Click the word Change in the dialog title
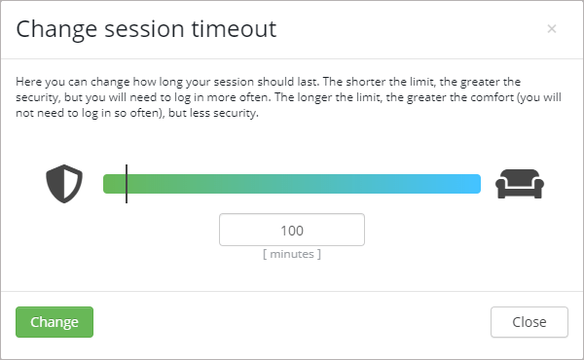click(x=54, y=29)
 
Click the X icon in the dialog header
click(x=552, y=29)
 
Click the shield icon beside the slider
click(x=65, y=184)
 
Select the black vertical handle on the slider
click(x=127, y=184)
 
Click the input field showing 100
click(x=292, y=231)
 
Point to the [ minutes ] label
click(x=292, y=254)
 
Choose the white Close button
click(x=529, y=322)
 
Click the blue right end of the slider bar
click(x=472, y=184)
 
